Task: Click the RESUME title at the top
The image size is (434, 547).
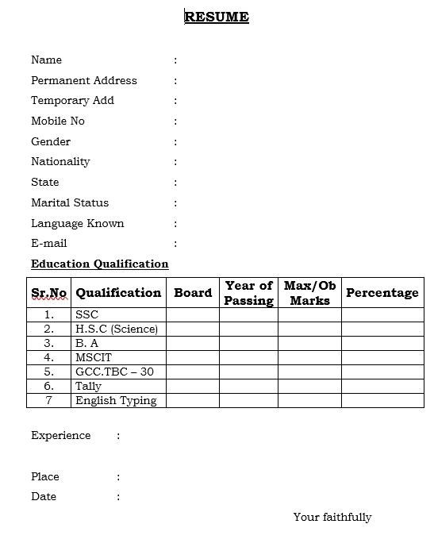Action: point(217,17)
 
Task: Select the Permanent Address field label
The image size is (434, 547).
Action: point(83,80)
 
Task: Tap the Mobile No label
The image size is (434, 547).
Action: point(57,121)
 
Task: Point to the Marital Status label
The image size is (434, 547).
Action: point(70,202)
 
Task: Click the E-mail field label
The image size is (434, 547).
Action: point(48,243)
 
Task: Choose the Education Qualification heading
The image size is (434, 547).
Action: point(99,264)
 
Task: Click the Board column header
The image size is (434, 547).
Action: point(193,292)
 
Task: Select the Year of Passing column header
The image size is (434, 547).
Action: point(248,292)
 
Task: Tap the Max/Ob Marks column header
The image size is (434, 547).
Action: point(309,292)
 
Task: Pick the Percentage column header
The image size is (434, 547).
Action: point(382,292)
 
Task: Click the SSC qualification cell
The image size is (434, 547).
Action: point(86,314)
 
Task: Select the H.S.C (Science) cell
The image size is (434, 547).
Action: point(116,329)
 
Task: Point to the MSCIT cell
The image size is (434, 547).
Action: point(91,357)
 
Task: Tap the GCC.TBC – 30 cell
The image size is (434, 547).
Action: point(114,372)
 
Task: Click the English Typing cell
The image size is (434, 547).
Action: point(116,400)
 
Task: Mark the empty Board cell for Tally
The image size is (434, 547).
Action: point(193,386)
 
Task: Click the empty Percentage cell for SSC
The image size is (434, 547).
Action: point(382,314)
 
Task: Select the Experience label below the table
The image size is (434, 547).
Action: point(60,435)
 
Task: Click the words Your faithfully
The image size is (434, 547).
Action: point(332,517)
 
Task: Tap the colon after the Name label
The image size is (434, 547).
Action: point(175,60)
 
